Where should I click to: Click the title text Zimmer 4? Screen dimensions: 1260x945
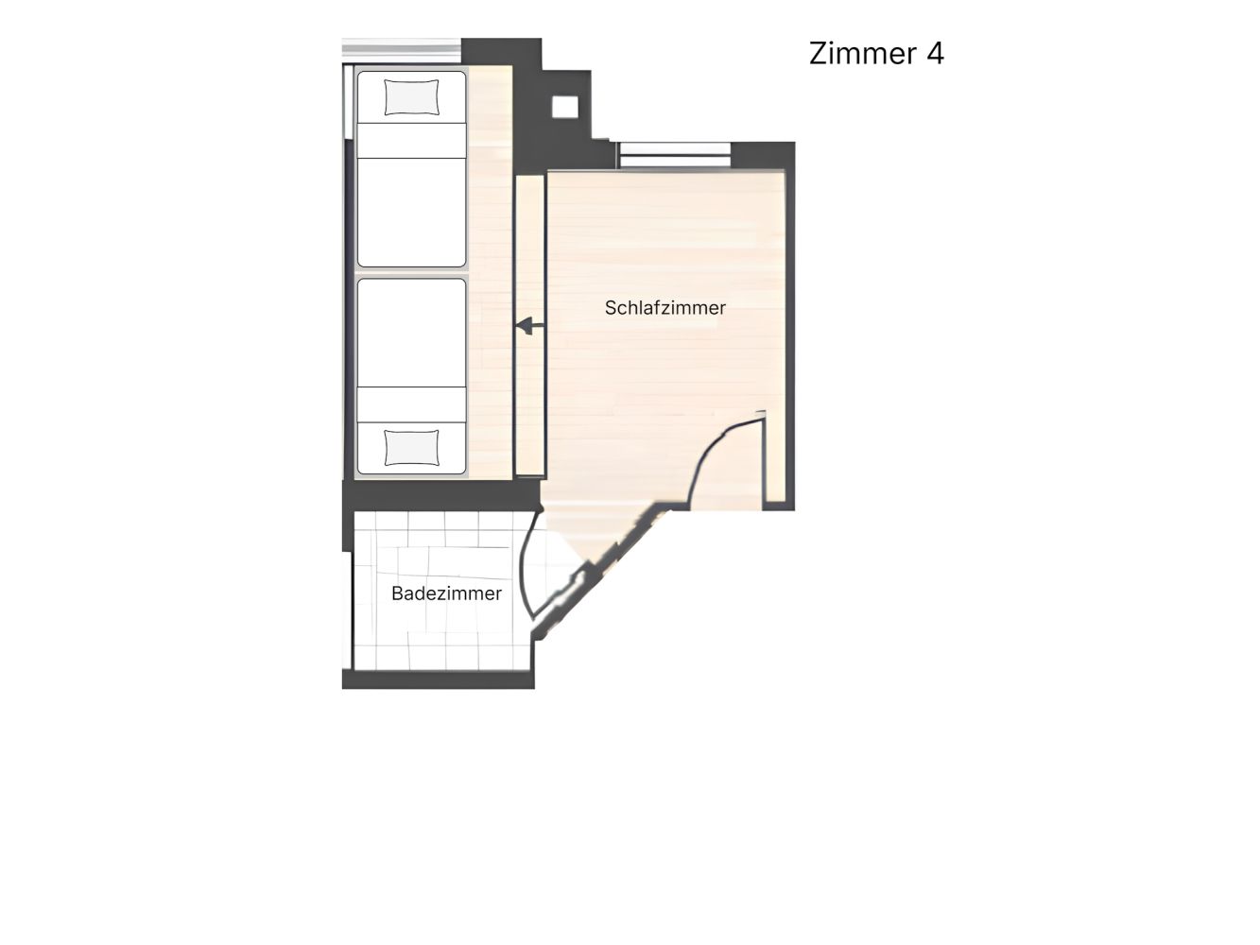(876, 53)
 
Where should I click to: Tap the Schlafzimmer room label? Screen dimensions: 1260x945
(665, 307)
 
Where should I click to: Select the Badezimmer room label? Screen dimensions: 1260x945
(446, 593)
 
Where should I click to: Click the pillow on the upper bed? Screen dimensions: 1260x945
(411, 97)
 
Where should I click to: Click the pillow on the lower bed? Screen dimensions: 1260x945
(411, 448)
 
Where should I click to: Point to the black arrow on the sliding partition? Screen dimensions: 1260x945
(530, 326)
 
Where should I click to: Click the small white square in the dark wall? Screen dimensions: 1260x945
(565, 107)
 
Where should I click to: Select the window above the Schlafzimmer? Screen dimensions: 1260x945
(675, 155)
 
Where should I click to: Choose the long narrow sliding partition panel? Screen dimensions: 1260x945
(530, 325)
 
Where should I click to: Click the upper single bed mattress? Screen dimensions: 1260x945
(411, 169)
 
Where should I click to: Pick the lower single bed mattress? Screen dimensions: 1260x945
(411, 376)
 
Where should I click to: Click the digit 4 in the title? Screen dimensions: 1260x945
(935, 53)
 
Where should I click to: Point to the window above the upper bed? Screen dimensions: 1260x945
(401, 49)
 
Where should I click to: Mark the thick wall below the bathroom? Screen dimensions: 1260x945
(438, 679)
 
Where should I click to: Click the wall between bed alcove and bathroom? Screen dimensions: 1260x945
(441, 495)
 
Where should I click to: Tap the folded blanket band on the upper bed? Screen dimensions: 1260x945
(411, 140)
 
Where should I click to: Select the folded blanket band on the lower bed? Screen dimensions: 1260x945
(411, 404)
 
